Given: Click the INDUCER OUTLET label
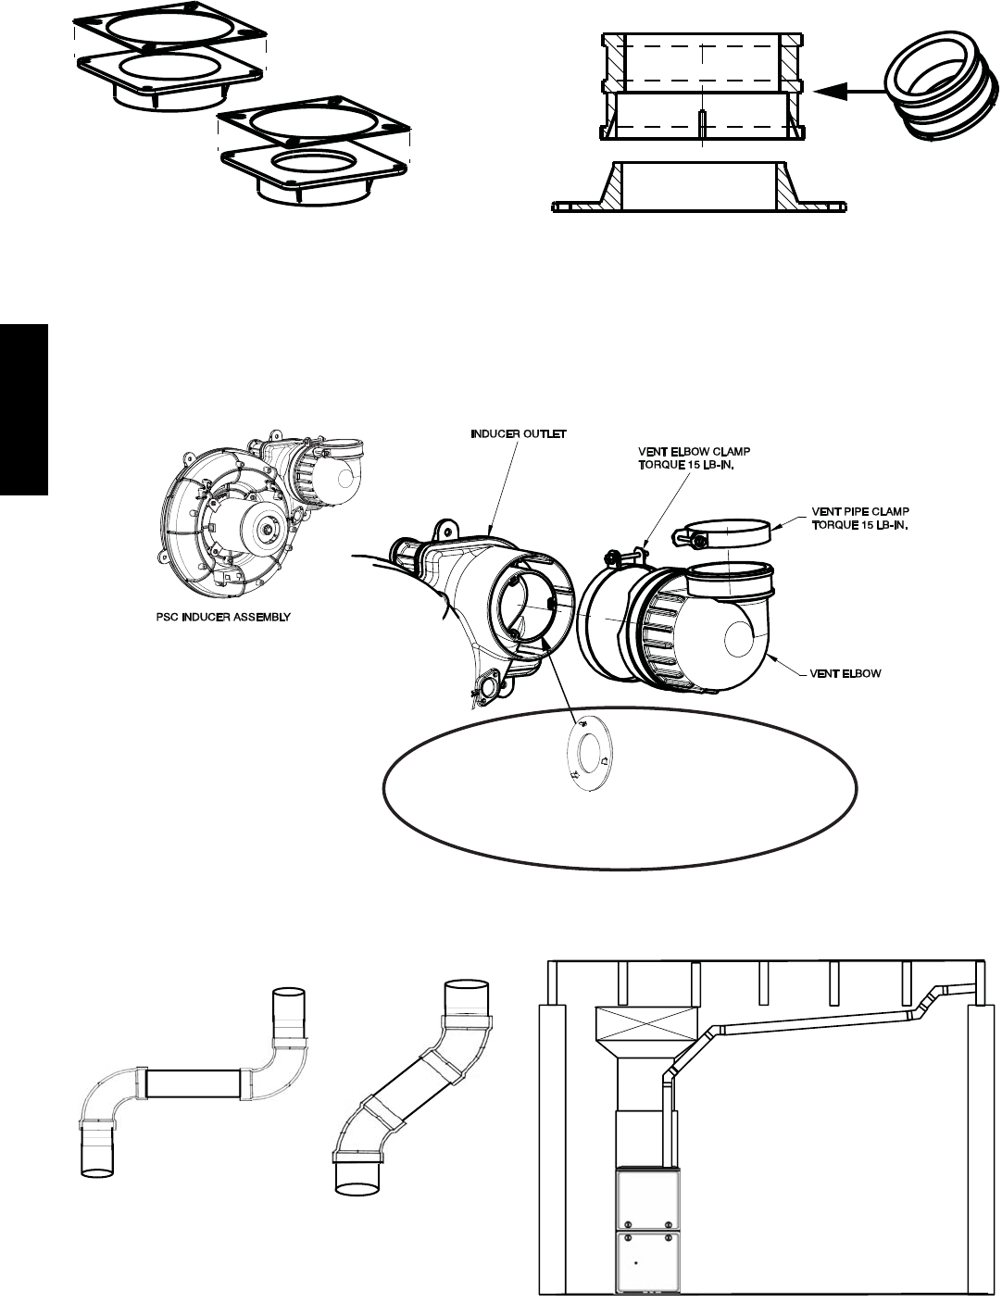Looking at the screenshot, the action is tap(519, 433).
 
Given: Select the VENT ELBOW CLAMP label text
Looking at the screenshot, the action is tap(695, 451).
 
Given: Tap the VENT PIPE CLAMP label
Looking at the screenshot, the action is tap(860, 512).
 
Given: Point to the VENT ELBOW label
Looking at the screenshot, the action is tap(845, 673).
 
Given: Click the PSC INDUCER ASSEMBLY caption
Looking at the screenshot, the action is tap(223, 617).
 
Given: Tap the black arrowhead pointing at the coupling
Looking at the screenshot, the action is tap(831, 92).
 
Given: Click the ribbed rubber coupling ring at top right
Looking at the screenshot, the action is tap(941, 92).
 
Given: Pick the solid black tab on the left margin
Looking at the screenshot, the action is tap(23, 409).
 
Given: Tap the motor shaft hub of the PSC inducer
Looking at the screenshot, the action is tap(263, 531).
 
